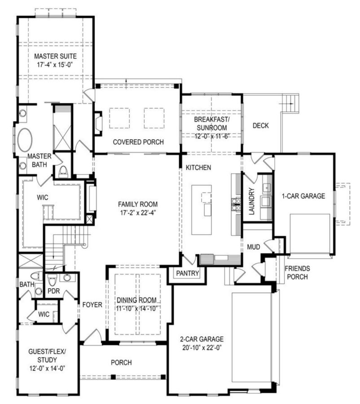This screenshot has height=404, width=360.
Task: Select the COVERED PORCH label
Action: point(138,142)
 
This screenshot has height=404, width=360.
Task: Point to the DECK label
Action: point(260,126)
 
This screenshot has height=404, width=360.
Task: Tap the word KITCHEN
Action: point(198,167)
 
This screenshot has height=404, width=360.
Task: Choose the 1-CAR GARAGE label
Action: point(303,196)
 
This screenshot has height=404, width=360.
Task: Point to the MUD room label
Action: point(254,246)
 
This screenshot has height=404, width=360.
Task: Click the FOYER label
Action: point(92,305)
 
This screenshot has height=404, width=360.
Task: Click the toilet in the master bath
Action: point(63,171)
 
